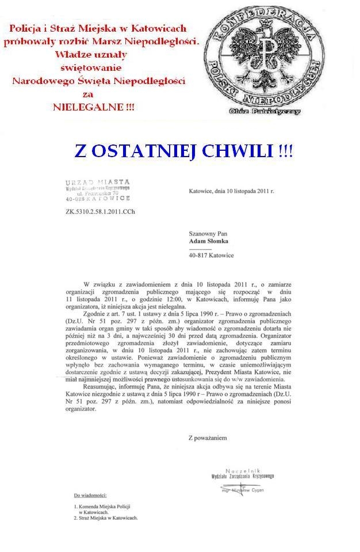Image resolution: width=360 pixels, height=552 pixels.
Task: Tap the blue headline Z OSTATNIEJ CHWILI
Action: [x=183, y=151]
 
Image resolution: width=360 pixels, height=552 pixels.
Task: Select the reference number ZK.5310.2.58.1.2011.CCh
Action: [x=101, y=211]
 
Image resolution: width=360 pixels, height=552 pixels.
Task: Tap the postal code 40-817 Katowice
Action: [x=211, y=255]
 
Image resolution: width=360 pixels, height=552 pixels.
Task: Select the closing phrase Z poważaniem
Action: [x=208, y=437]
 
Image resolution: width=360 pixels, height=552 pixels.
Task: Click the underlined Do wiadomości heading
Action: [x=90, y=494]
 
